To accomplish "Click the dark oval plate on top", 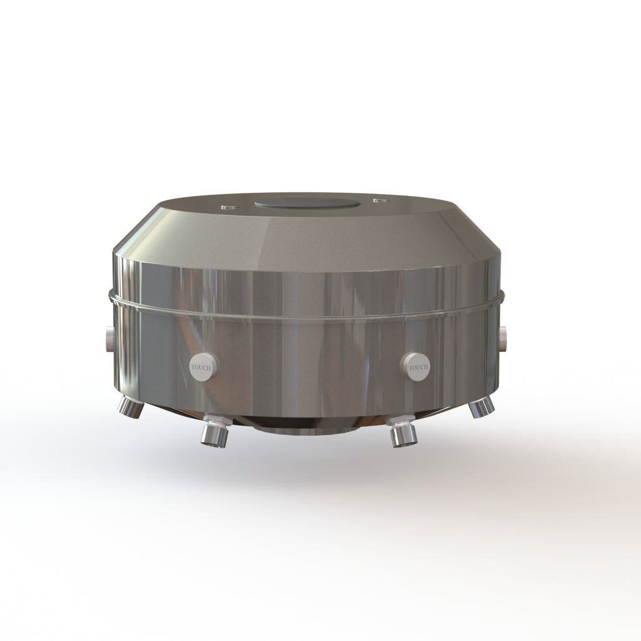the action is (x=307, y=203).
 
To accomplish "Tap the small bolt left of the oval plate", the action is (x=229, y=207).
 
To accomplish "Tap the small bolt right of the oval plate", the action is (x=380, y=201).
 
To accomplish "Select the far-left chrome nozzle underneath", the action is (x=130, y=408).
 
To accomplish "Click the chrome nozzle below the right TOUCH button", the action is (x=404, y=436).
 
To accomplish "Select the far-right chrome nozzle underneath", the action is (x=481, y=407).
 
